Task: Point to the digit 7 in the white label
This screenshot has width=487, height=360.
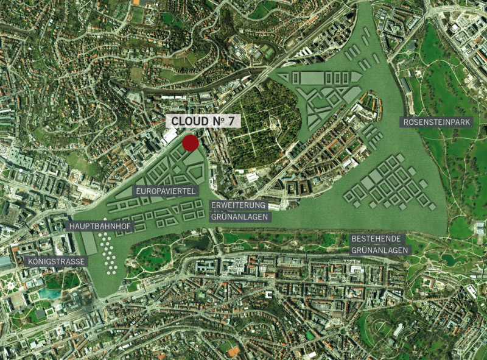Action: point(231,121)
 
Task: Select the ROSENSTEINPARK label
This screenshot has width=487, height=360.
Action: point(438,122)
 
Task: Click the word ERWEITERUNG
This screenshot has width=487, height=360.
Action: point(239,206)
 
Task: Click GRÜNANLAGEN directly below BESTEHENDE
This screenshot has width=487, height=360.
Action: point(380,249)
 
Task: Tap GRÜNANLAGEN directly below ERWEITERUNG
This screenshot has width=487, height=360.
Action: point(239,216)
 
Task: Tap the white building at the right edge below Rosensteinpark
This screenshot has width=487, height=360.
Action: point(480,228)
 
